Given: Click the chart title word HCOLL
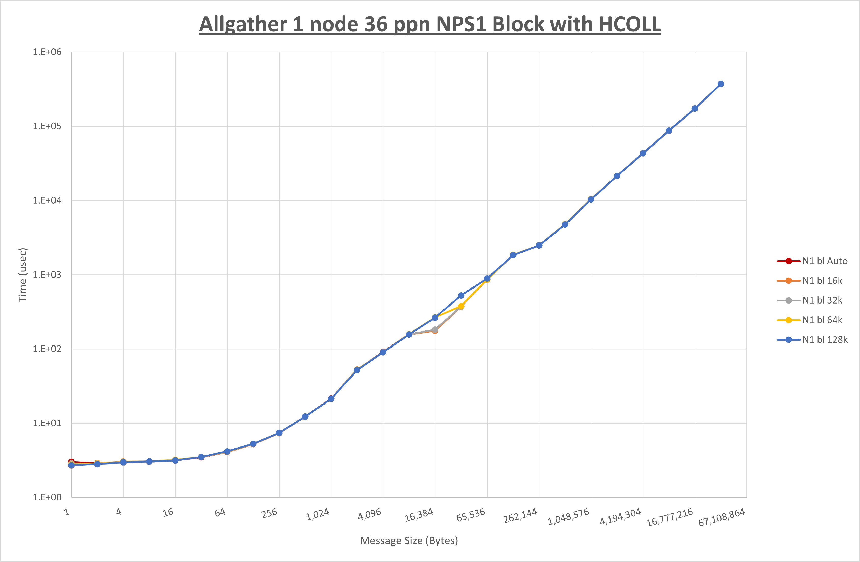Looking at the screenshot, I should click(629, 25).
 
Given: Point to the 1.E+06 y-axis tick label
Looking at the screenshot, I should click(47, 52).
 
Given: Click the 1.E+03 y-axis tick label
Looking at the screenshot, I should click(47, 275).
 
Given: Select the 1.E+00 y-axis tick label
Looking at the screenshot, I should click(47, 497).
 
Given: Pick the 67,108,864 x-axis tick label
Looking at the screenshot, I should click(721, 517).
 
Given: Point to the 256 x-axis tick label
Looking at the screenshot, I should click(269, 513).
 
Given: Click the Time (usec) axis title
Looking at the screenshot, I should click(22, 275).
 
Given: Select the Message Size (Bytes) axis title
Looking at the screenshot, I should click(409, 541).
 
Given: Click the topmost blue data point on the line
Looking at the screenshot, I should click(720, 84).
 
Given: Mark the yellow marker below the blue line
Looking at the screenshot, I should click(461, 306).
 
